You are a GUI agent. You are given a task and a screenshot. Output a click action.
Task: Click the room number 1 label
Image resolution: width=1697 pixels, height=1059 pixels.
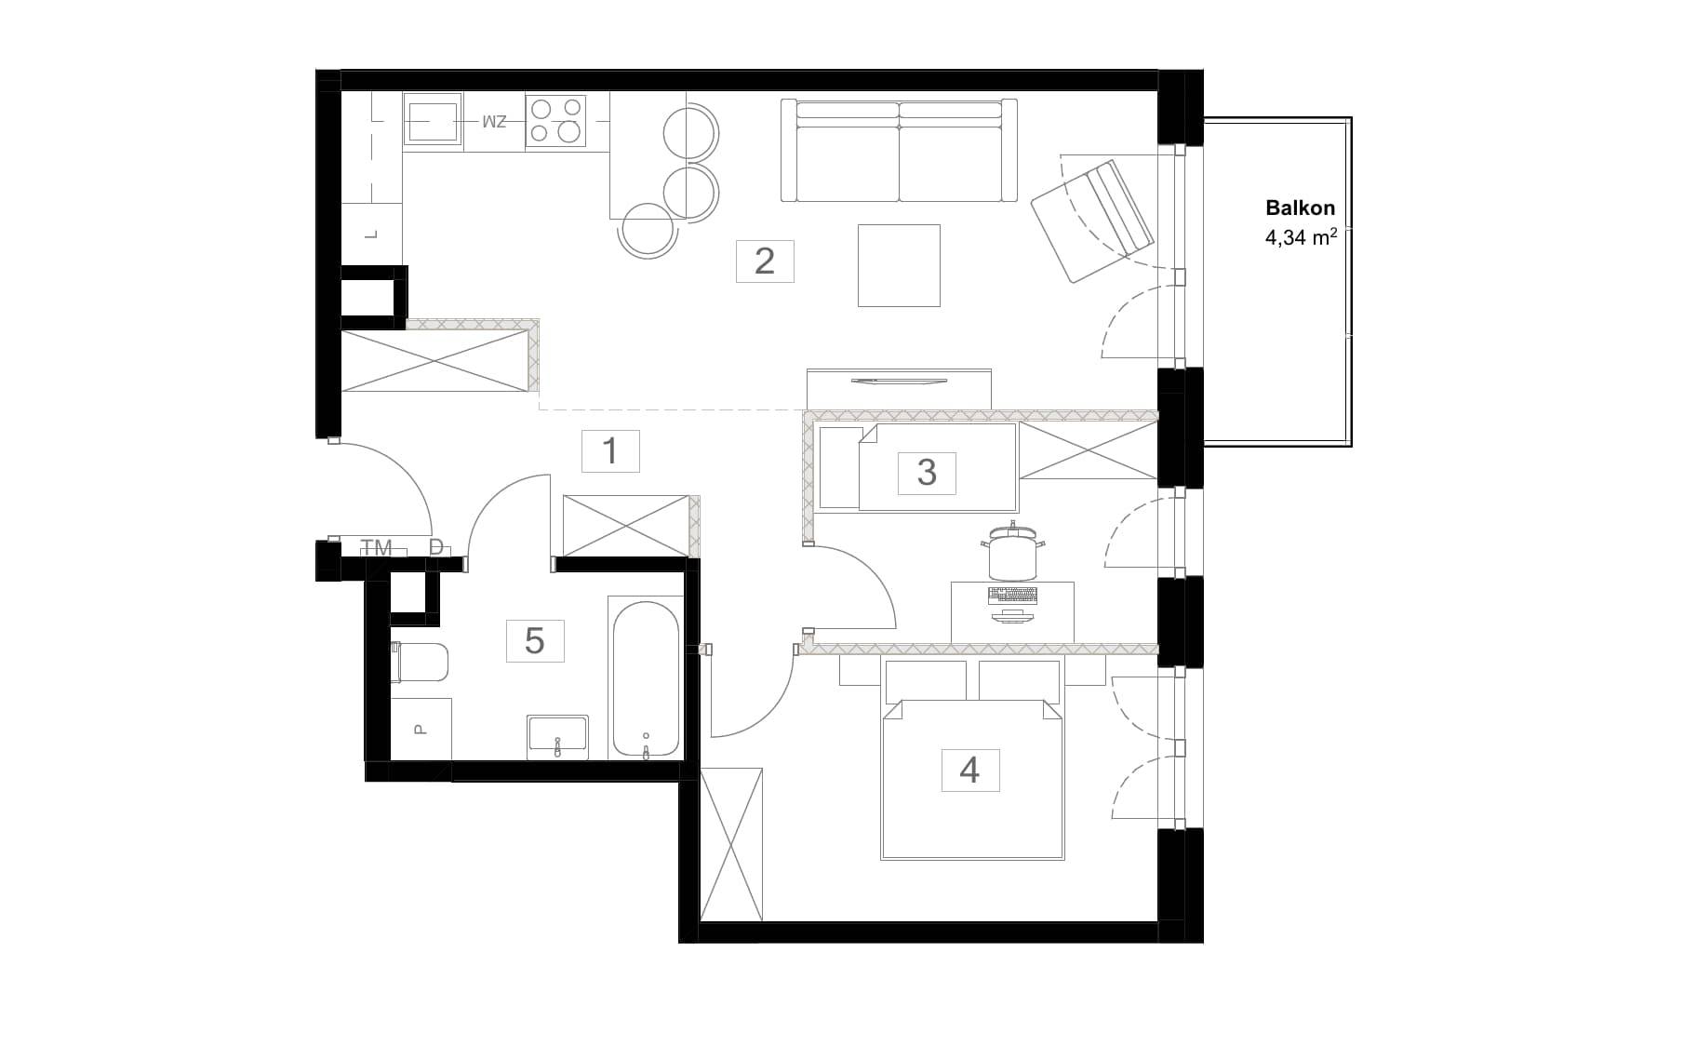pos(609,451)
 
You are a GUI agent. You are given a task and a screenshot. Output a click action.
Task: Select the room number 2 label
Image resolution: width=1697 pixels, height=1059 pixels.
pos(765,261)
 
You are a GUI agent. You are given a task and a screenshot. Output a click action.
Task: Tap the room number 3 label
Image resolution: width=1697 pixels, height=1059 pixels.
pos(927,473)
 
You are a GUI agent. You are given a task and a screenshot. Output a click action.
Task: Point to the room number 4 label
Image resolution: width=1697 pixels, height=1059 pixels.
pos(969,771)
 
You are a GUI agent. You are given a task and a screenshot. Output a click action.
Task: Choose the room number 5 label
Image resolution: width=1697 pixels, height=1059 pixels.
pos(535,641)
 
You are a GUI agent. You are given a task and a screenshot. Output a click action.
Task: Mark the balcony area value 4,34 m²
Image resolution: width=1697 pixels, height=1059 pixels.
pos(1301,237)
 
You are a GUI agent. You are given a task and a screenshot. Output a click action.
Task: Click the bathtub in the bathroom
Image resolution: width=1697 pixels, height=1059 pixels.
pos(646,678)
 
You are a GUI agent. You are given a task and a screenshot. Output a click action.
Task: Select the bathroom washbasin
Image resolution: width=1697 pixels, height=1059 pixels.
pos(557,736)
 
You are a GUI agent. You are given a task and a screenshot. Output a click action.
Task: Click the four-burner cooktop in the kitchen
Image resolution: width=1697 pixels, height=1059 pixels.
pos(555,121)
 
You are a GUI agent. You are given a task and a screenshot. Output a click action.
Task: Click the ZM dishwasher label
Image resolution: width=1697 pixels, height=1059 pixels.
pos(494,122)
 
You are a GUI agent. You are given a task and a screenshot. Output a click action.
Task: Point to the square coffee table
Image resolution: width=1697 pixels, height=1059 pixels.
pos(899,265)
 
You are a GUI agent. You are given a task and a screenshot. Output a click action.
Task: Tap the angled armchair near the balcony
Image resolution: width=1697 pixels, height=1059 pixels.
pos(1092,221)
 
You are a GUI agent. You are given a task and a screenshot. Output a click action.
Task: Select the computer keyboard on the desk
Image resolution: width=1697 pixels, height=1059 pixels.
pos(1013,595)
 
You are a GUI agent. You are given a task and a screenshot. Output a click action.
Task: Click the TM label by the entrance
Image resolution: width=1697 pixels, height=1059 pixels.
pos(376,548)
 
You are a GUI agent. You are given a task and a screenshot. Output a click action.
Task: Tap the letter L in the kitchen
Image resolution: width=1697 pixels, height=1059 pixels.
pos(371,235)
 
